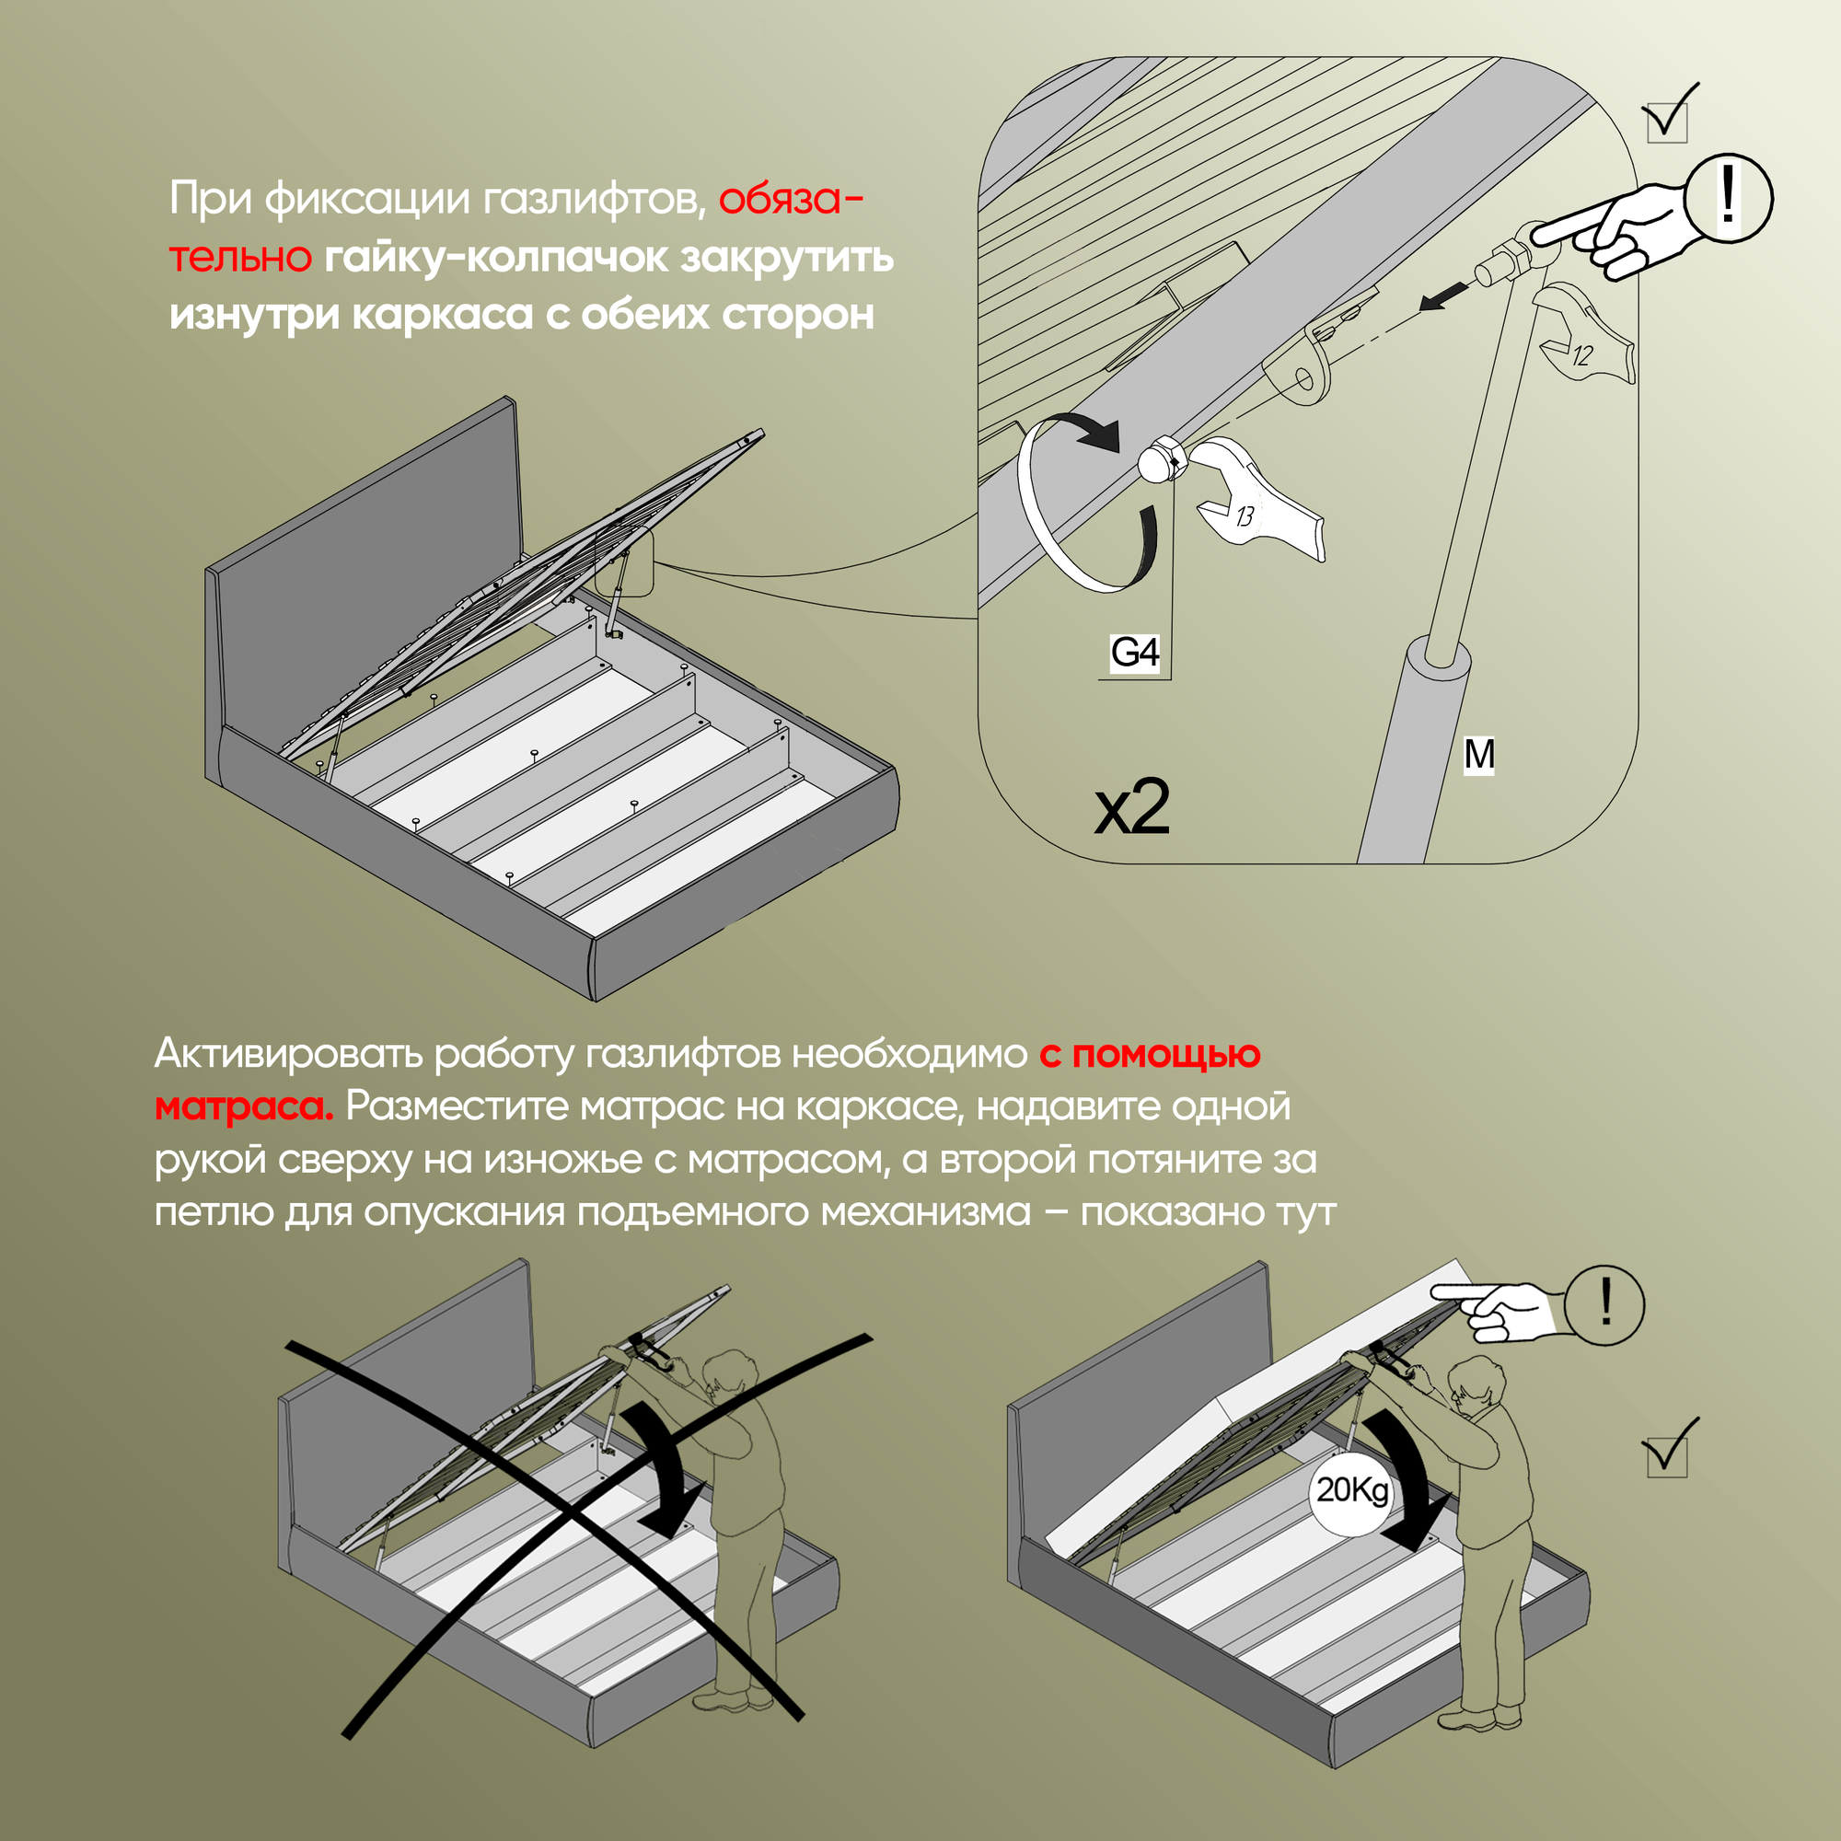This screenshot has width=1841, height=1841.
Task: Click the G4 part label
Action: [1135, 653]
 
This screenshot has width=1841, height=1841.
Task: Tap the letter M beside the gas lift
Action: [1479, 755]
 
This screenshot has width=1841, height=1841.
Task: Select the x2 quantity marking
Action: [1132, 808]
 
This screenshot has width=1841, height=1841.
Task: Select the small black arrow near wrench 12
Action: [1443, 298]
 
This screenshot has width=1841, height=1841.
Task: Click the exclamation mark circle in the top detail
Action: [1729, 198]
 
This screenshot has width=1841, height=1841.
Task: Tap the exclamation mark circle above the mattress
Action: [1605, 1304]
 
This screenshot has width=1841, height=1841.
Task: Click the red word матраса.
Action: [243, 1107]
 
